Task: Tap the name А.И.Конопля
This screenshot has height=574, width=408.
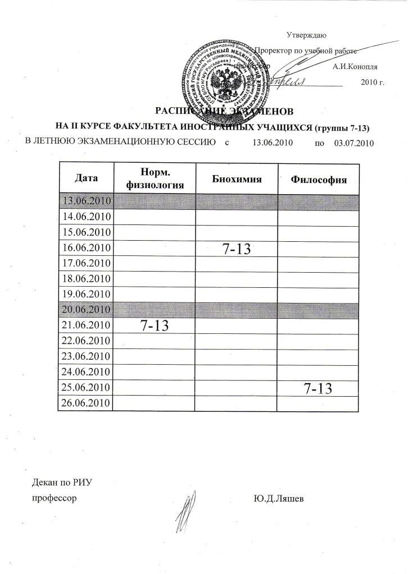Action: coord(355,66)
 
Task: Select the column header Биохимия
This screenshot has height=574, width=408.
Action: coord(237,179)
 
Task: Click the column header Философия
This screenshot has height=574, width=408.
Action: coord(319,180)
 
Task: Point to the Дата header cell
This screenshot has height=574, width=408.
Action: coord(86,178)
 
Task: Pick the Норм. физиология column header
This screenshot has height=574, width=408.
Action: coord(155,178)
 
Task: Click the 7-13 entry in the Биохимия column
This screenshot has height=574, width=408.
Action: coord(237,250)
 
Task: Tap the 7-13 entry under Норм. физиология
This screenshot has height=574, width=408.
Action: coord(155,327)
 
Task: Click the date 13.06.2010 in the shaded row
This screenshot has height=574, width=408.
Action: coord(87,200)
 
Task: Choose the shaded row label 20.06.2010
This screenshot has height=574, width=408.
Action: coord(87,309)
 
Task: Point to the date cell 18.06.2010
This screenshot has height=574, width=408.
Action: coord(87,278)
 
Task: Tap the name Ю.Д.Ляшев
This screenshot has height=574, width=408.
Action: coord(279,498)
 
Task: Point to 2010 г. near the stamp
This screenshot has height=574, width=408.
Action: coord(371,82)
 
